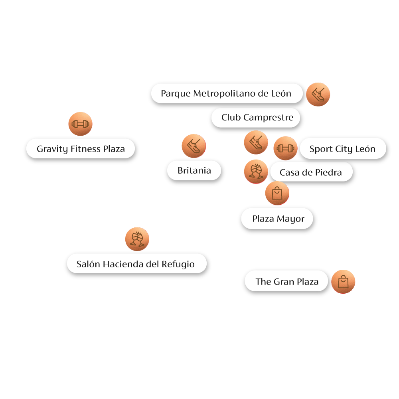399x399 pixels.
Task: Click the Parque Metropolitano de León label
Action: tap(226, 94)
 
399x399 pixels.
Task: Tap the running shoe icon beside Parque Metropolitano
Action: tap(318, 95)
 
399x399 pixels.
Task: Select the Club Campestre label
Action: tap(257, 117)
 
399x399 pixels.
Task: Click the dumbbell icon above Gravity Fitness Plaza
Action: tap(80, 124)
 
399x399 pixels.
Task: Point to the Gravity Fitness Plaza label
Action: tap(81, 149)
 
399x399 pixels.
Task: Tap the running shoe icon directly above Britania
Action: tap(194, 146)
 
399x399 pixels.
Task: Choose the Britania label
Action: tap(194, 170)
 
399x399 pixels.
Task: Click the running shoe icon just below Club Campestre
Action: tap(256, 142)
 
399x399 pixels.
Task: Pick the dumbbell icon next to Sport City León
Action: tap(285, 148)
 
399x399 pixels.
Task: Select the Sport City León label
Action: tap(342, 149)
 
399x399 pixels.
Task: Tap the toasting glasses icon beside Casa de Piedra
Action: tap(256, 172)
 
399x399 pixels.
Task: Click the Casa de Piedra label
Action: tap(310, 172)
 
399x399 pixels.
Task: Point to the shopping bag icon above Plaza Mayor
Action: tap(277, 193)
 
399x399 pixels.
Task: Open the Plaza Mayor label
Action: tap(278, 219)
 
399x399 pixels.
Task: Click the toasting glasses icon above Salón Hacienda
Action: tap(137, 239)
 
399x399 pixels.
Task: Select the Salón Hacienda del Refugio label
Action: tap(136, 264)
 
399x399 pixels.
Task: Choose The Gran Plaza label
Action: tap(287, 282)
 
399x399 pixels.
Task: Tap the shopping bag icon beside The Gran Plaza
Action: tap(343, 282)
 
